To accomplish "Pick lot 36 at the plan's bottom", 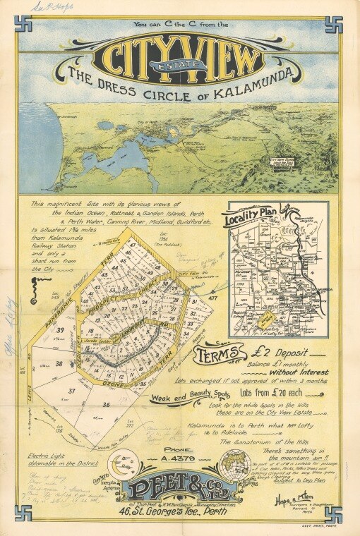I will tap(106, 404).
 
